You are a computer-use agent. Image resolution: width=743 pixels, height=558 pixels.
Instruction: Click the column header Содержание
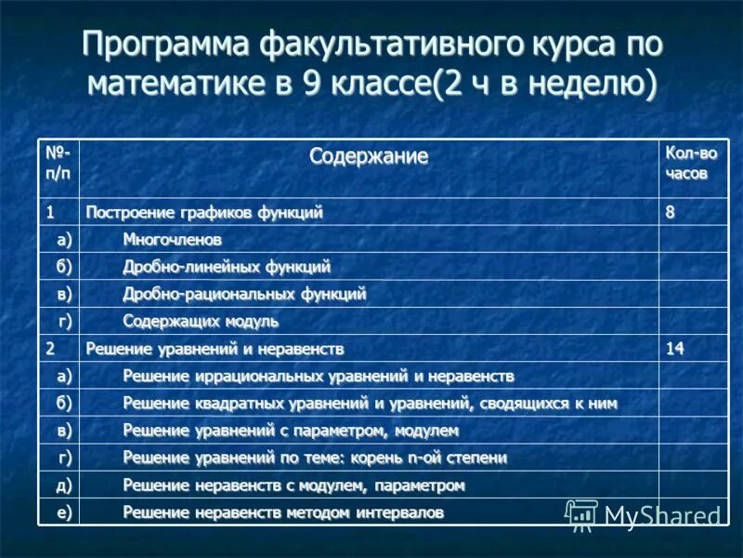369,156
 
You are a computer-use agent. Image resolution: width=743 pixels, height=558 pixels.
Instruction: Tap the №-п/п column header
59,163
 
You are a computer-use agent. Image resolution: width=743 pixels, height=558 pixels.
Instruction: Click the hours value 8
670,213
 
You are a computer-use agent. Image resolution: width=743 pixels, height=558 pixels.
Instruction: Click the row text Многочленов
173,240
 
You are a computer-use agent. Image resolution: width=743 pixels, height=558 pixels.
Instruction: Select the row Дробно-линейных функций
227,267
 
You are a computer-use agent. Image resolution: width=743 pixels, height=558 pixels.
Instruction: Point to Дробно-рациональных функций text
244,294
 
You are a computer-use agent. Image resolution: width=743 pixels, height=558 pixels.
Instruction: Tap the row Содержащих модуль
201,322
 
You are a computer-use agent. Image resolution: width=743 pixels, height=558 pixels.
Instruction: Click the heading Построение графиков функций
204,213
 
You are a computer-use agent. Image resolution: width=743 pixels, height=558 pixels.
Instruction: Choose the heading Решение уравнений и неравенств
215,349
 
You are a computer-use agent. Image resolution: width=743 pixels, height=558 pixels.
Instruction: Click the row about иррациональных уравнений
318,376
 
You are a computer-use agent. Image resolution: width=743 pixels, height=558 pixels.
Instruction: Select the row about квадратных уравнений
370,404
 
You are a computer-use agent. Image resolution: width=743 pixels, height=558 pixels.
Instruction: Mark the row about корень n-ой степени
315,458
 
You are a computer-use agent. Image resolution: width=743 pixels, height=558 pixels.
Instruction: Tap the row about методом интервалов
283,512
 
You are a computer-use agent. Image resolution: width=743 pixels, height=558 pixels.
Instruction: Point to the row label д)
63,485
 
